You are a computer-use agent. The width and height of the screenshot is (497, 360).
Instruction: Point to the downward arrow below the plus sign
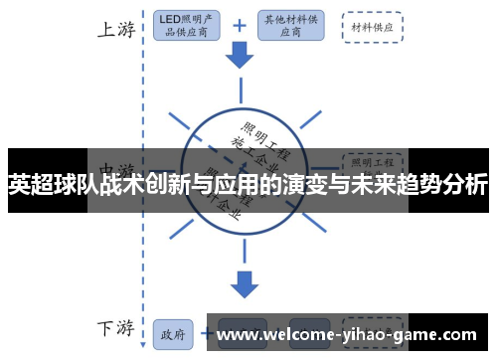pyautogui.click(x=240, y=58)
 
